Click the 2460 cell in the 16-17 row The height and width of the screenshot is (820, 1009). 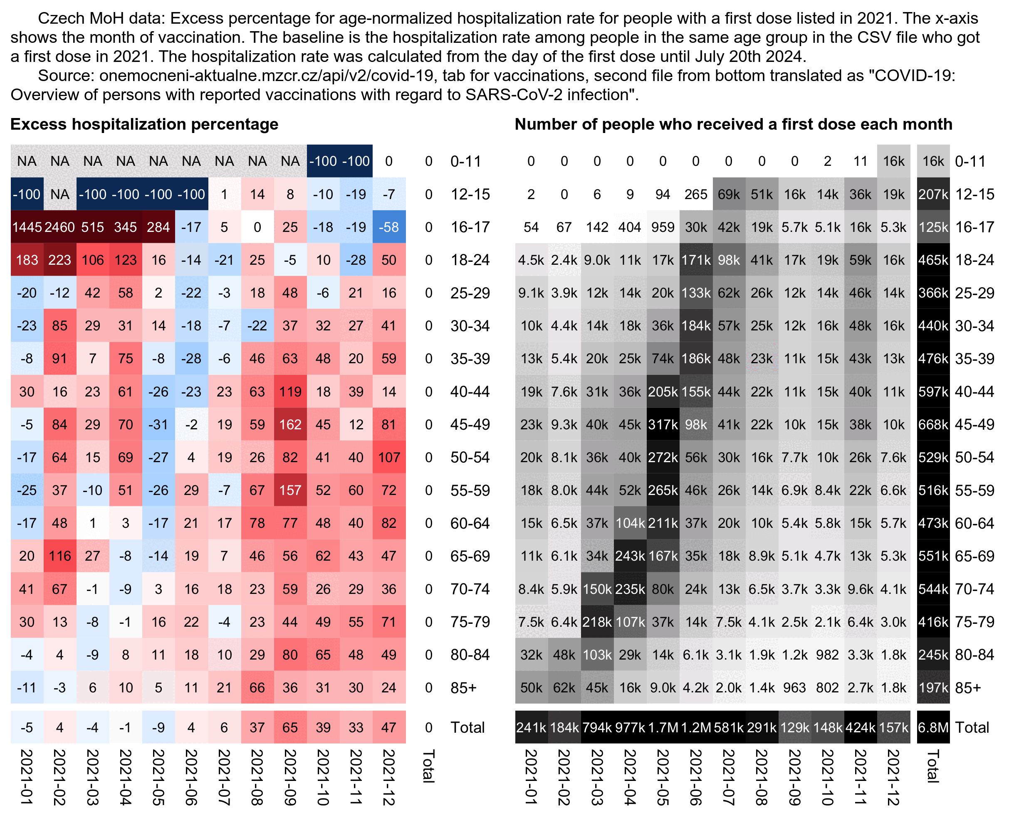point(59,227)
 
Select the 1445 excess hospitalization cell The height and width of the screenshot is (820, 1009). point(27,227)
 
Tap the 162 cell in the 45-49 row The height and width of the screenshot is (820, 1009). point(290,425)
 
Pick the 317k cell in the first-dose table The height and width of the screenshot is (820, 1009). point(663,425)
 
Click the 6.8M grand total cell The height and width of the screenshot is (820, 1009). point(933,727)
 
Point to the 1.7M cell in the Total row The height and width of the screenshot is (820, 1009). point(663,727)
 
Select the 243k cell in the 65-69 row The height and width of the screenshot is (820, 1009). point(630,556)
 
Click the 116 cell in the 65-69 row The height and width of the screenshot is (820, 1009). point(59,556)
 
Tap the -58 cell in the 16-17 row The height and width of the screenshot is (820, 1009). point(389,227)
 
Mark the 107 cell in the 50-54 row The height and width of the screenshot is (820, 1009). point(389,457)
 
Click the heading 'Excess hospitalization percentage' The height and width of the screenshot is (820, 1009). point(144,124)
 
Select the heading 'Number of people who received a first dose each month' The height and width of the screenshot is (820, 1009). point(734,124)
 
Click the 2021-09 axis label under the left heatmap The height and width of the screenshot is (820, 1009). point(290,777)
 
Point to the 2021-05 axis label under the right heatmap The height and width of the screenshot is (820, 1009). point(663,777)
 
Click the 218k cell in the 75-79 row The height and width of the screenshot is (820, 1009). point(597,622)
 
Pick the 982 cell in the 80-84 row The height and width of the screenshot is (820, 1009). point(828,655)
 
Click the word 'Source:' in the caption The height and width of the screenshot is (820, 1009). point(66,76)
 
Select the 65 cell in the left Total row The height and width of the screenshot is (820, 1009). point(290,727)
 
